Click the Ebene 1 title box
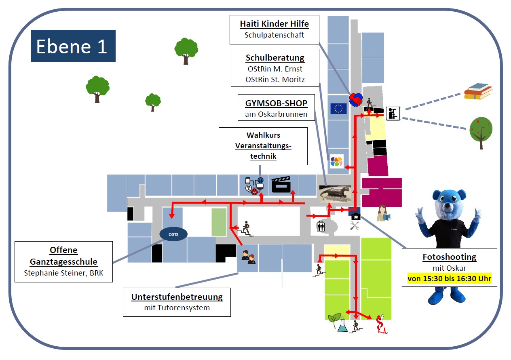pos(73,46)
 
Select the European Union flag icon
pos(338,108)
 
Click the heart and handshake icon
pos(356,99)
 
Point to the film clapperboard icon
pos(281,185)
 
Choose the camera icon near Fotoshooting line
pos(355,216)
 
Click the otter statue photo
pos(335,194)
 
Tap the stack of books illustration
pos(477,91)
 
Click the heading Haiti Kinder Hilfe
pos(274,24)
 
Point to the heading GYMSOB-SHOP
pos(276,103)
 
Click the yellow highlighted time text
pos(449,278)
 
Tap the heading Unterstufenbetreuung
pos(177,297)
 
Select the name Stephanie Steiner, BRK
pos(64,273)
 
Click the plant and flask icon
pos(338,322)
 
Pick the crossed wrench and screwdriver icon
pos(355,226)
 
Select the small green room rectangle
pos(220,222)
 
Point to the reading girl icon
pos(383,213)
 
